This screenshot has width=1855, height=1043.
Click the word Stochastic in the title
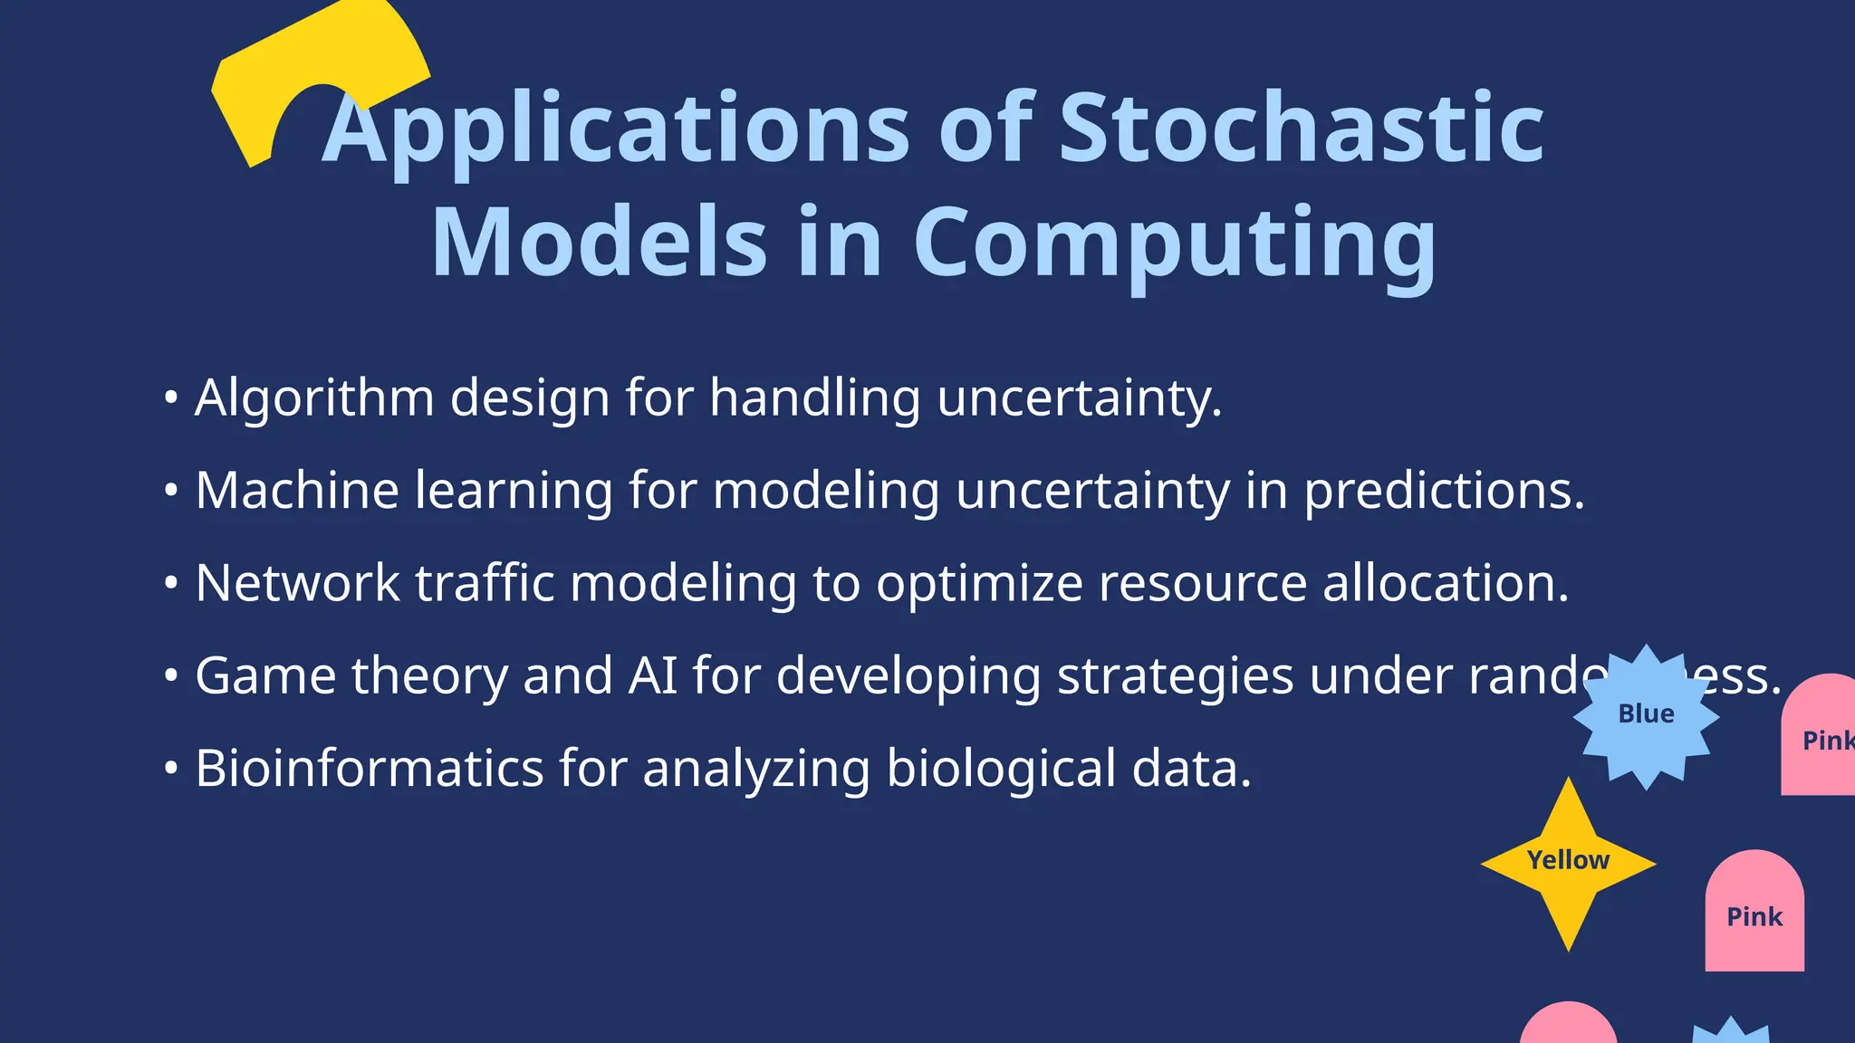(x=1301, y=129)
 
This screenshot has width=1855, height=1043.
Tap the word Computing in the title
(x=1174, y=243)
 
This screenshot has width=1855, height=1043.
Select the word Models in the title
(x=600, y=243)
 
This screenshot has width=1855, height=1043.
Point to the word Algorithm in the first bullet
(x=314, y=398)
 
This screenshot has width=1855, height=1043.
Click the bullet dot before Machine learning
(x=171, y=490)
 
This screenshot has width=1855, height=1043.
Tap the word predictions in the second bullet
(x=1444, y=492)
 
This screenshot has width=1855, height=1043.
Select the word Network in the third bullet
(x=297, y=583)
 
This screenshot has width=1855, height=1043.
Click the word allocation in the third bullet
(x=1445, y=583)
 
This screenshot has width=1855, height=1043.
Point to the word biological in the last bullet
(x=1001, y=769)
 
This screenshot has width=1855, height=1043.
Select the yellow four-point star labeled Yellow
(x=1568, y=862)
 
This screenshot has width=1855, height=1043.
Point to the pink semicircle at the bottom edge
(x=1568, y=1026)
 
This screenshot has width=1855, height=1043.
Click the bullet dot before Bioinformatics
(x=171, y=768)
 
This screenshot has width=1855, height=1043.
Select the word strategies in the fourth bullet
(x=1175, y=676)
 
